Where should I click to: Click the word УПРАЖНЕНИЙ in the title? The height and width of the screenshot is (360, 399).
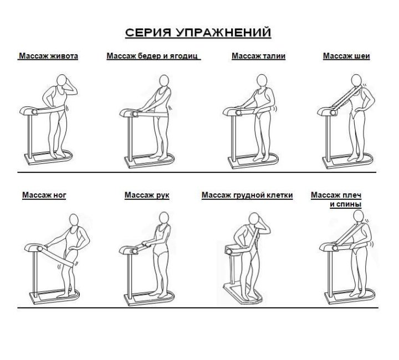coord(223,33)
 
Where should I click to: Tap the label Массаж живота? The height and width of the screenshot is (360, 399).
coord(48,56)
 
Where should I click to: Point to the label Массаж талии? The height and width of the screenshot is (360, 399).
coord(258,56)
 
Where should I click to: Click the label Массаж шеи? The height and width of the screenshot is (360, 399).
coord(346,56)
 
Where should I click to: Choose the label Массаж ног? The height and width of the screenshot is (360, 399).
coord(44,195)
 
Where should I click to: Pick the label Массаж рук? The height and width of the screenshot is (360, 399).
coord(147,195)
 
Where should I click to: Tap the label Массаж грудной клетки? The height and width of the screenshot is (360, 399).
coord(247,195)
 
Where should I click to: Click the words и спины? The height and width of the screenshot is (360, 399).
coord(346,204)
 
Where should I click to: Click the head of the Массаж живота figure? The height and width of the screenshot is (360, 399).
coord(62,80)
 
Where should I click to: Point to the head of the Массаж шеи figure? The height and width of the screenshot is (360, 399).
coord(356,80)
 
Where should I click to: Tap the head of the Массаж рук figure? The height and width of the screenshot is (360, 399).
coord(164,218)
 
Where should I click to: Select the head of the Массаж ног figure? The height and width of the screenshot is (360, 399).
coord(74,220)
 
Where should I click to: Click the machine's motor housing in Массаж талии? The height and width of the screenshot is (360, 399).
coord(231,111)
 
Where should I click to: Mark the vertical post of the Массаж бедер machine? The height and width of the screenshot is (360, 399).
coord(130,138)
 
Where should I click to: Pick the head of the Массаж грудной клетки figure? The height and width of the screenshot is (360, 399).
coord(253,219)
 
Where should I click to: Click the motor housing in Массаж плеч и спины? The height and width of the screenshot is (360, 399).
coord(328,246)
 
